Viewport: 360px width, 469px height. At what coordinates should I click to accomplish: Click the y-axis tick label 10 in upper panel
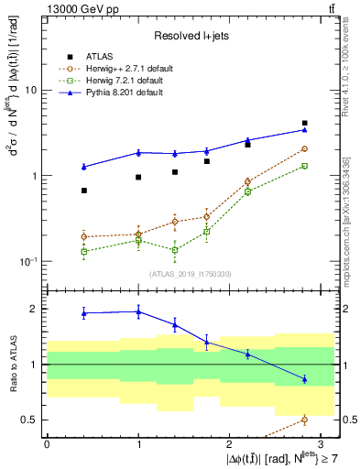[32, 91]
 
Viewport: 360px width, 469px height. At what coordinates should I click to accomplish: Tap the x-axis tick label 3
[322, 442]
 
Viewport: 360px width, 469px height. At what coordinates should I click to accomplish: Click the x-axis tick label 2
[230, 442]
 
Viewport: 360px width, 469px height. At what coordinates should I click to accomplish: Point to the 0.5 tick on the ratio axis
[30, 420]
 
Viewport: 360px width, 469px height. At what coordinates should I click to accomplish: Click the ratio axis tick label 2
[35, 309]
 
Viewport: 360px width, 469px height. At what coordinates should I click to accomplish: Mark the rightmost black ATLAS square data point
[304, 123]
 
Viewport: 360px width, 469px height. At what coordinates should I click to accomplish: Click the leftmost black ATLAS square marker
[84, 191]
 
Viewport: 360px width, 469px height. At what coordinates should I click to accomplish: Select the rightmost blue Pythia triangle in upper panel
[304, 129]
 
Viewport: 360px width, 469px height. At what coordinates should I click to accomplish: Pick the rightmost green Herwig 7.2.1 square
[304, 166]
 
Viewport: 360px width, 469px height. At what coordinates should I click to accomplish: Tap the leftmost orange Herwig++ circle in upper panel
[84, 236]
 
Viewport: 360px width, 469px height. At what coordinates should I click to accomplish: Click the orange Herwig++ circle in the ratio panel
[304, 420]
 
